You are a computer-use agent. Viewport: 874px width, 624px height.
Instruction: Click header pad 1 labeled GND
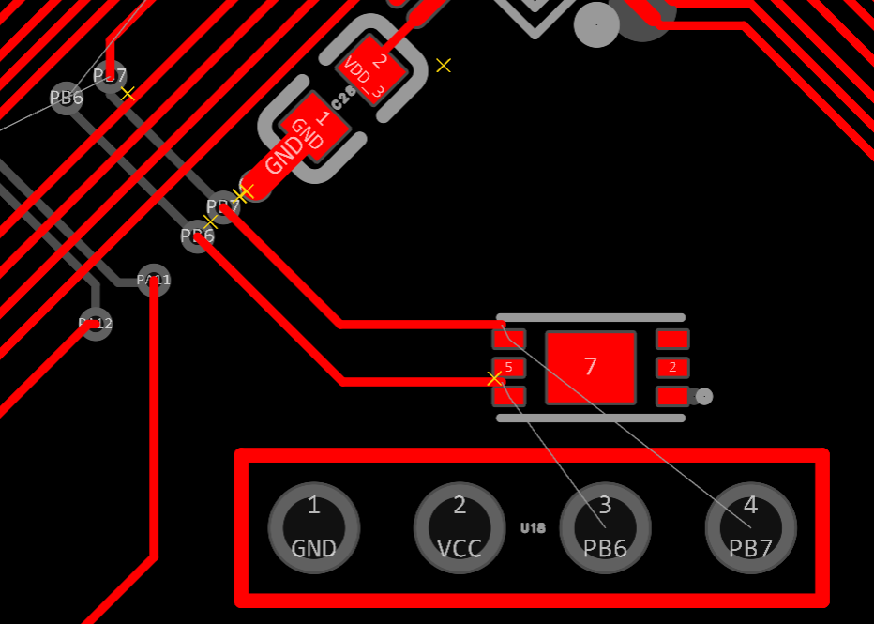pos(313,527)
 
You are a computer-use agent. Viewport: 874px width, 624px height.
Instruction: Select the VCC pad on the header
pos(460,527)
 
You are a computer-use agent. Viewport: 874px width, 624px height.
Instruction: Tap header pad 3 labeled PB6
pos(605,527)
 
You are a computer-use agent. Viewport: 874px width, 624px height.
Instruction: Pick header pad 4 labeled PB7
pos(750,527)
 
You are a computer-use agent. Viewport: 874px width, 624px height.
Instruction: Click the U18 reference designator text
pos(533,528)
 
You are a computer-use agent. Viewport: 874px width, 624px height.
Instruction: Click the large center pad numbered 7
pos(591,367)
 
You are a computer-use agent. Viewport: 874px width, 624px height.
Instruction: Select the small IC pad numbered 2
pos(672,367)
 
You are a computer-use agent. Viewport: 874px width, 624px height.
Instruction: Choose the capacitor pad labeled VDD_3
pos(371,67)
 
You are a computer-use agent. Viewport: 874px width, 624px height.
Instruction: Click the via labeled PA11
pos(154,280)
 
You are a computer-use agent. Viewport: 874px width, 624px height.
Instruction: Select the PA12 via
pos(95,324)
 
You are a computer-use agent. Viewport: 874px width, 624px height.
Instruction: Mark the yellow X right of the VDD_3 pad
pos(444,65)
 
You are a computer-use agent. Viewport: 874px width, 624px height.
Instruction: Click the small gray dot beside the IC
pos(705,397)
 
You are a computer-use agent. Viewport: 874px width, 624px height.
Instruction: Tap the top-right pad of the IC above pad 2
pos(672,339)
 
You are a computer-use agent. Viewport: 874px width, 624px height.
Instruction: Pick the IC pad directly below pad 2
pos(672,396)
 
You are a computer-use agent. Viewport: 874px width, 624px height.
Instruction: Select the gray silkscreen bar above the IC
pos(591,318)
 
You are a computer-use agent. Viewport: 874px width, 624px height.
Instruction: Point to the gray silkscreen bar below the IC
pos(591,418)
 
